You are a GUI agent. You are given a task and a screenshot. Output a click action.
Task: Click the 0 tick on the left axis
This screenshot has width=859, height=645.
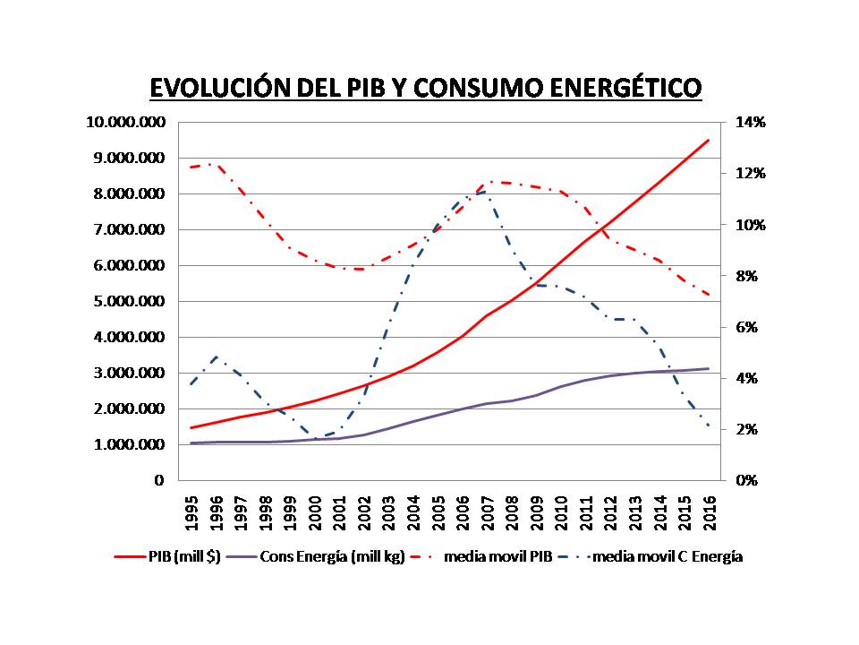pyautogui.click(x=159, y=480)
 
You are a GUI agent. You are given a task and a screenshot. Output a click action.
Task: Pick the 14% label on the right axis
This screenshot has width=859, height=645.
pyautogui.click(x=751, y=123)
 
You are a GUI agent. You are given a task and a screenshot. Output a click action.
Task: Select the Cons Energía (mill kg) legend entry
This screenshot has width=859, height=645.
pyautogui.click(x=333, y=556)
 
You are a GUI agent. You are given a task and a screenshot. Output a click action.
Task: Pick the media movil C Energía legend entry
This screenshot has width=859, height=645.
pyautogui.click(x=667, y=556)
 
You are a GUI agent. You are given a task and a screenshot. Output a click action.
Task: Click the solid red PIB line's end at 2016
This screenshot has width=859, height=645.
pyautogui.click(x=708, y=140)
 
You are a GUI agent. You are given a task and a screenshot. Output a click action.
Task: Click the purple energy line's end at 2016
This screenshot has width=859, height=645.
pyautogui.click(x=708, y=368)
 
